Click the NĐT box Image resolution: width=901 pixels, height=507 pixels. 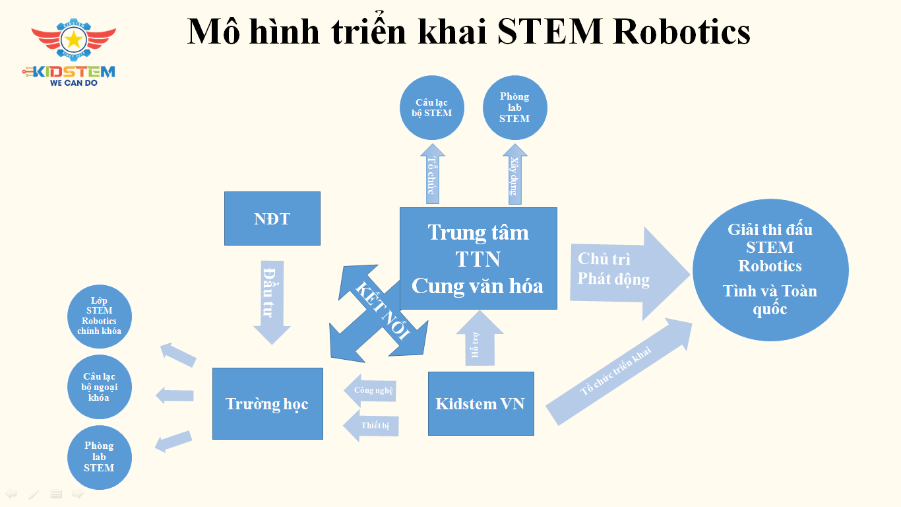pyautogui.click(x=272, y=219)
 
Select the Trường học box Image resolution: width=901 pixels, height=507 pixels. pyautogui.click(x=267, y=403)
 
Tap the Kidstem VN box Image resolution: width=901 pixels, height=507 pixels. pyautogui.click(x=480, y=403)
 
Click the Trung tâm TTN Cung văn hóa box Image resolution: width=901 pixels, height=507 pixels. pyautogui.click(x=478, y=258)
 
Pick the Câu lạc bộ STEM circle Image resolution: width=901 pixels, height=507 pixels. pyautogui.click(x=432, y=108)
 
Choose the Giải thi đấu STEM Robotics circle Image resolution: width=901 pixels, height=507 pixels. pyautogui.click(x=770, y=269)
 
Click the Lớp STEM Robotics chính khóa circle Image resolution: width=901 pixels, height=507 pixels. pyautogui.click(x=100, y=316)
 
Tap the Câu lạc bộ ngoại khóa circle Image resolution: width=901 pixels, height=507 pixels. pyautogui.click(x=100, y=387)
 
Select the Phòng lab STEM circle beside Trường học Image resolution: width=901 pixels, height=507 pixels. pyautogui.click(x=100, y=457)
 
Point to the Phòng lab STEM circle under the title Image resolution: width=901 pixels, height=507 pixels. pyautogui.click(x=514, y=108)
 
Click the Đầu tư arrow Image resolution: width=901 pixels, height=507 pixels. pyautogui.click(x=271, y=300)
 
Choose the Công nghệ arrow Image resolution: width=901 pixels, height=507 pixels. pyautogui.click(x=371, y=390)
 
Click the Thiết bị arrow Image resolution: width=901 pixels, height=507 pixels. pyautogui.click(x=372, y=426)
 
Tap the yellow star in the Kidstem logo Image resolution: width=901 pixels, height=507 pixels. pyautogui.click(x=74, y=40)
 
